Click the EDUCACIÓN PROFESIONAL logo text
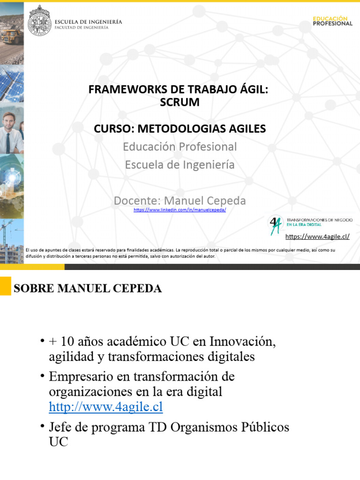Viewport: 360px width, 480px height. (x=332, y=21)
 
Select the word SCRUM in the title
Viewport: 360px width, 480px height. (x=180, y=102)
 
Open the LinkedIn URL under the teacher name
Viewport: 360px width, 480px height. (x=180, y=210)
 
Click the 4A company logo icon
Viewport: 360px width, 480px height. (x=275, y=225)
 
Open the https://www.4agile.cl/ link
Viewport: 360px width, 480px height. (x=317, y=237)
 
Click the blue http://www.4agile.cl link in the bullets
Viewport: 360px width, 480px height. (x=106, y=406)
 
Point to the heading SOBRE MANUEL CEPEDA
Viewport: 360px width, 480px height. (x=88, y=289)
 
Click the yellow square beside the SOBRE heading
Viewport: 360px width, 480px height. (x=5, y=285)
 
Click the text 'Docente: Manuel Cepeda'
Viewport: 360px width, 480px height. (x=180, y=201)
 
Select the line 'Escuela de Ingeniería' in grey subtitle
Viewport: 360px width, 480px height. (x=180, y=165)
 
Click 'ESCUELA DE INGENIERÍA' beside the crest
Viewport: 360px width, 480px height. (x=89, y=22)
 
